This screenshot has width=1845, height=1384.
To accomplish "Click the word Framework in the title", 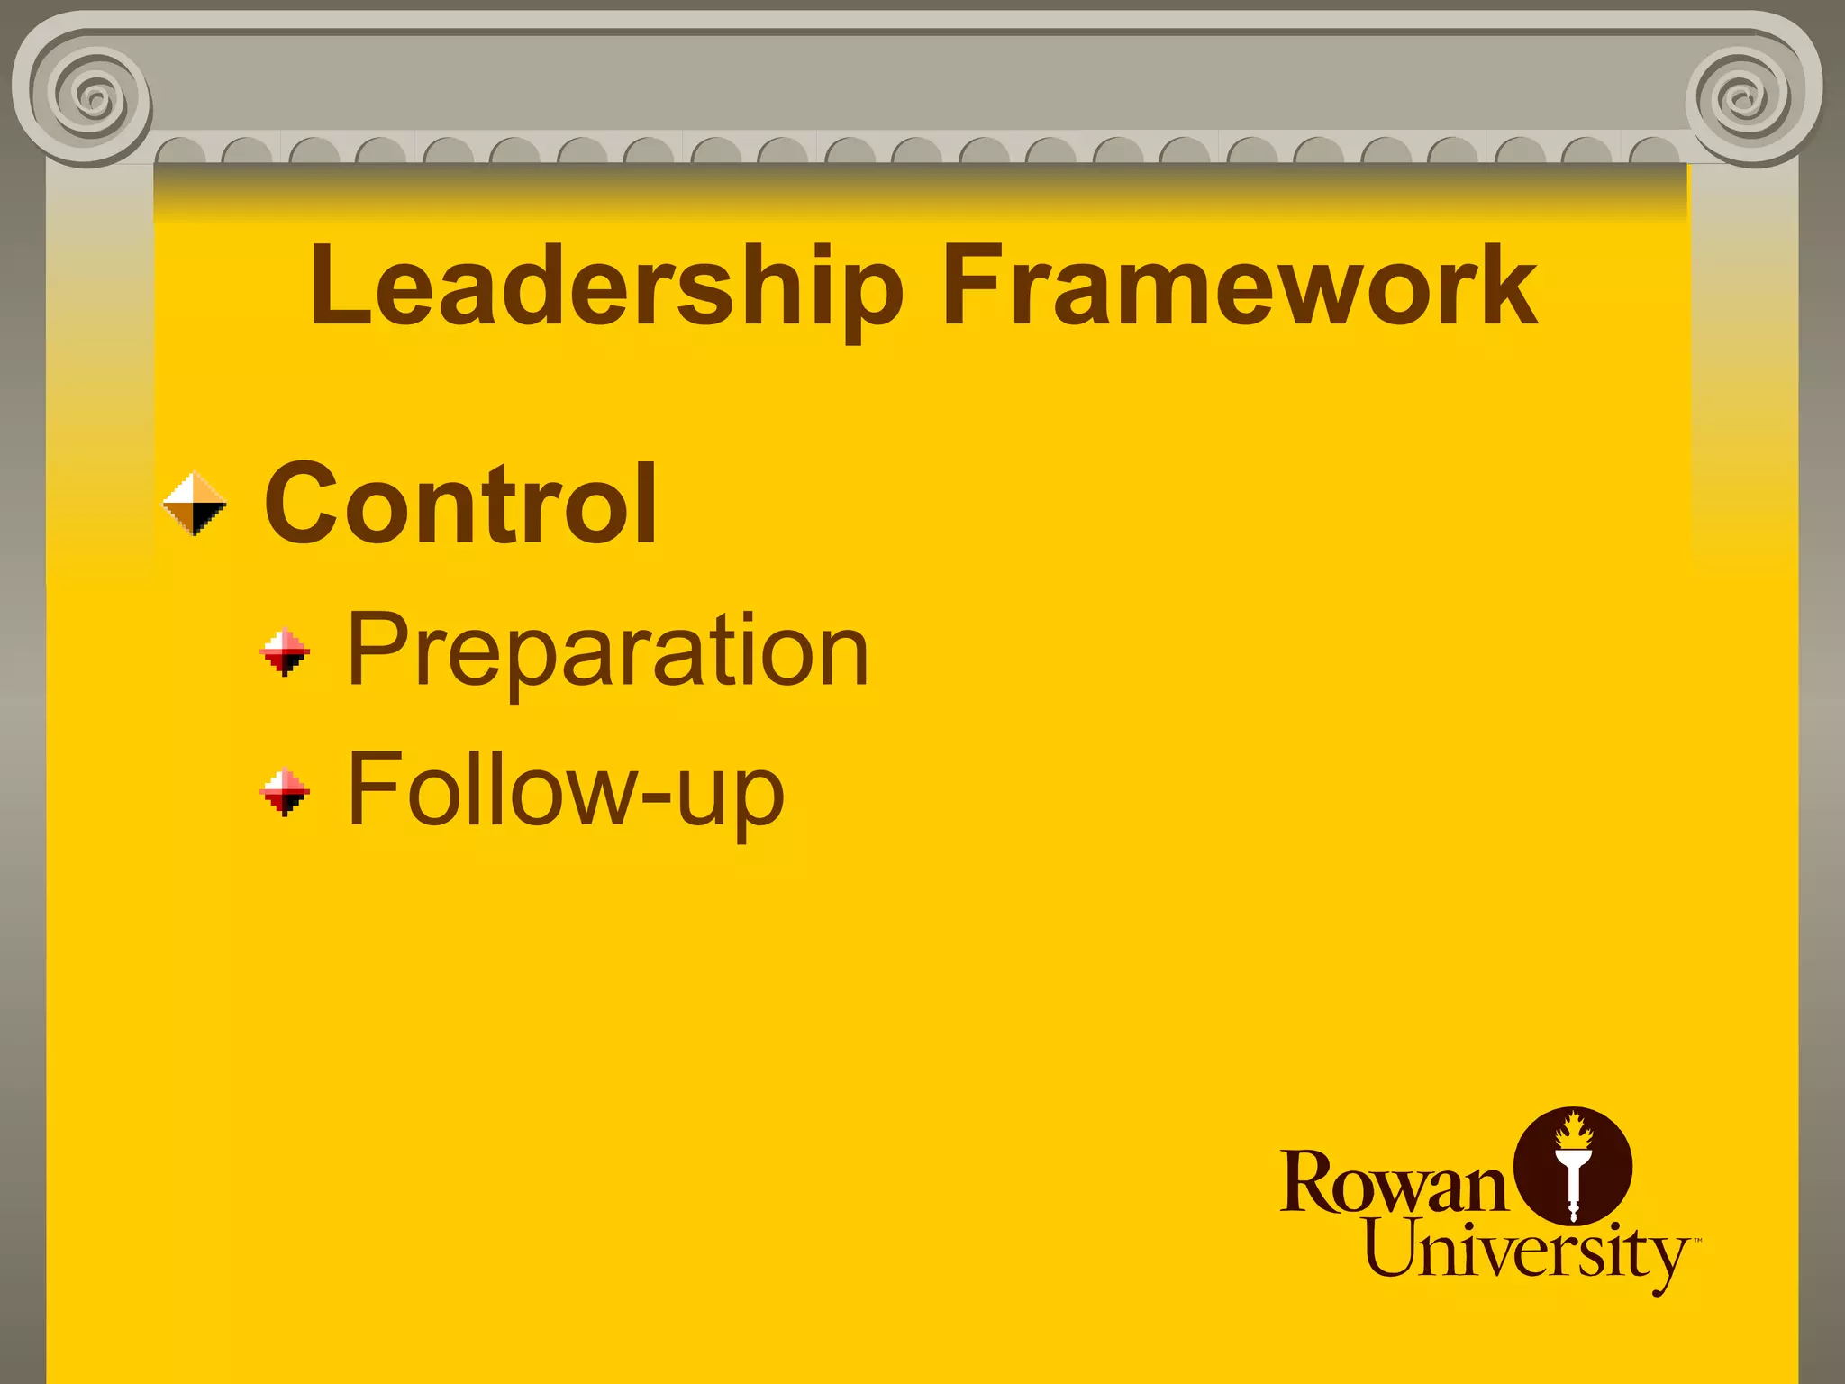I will (1240, 287).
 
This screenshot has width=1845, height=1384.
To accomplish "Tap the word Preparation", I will (608, 651).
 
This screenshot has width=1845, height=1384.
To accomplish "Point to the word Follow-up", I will (566, 791).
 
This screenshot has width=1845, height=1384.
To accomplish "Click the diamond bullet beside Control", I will (195, 504).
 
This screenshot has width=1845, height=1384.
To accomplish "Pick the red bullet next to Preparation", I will (285, 651).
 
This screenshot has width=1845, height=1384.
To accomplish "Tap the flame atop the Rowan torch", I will (1574, 1130).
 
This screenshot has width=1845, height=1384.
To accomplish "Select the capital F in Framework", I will (969, 287).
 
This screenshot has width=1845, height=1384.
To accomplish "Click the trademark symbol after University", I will (1697, 1242).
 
